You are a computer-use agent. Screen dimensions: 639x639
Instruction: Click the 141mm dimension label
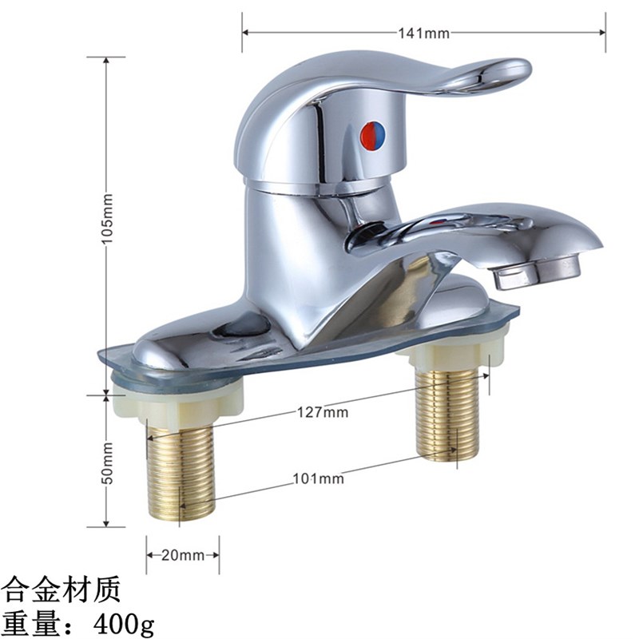pyautogui.click(x=424, y=33)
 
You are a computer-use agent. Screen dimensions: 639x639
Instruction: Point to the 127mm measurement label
pyautogui.click(x=323, y=412)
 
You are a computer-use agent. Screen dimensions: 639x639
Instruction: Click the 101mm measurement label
pyautogui.click(x=319, y=478)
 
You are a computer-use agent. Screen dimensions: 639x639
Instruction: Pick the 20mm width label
pyautogui.click(x=183, y=555)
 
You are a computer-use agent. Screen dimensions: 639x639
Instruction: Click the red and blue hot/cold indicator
pyautogui.click(x=373, y=135)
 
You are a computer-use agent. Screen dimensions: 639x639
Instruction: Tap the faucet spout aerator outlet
pyautogui.click(x=537, y=272)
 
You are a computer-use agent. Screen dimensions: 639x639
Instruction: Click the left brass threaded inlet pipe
pyautogui.click(x=181, y=471)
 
